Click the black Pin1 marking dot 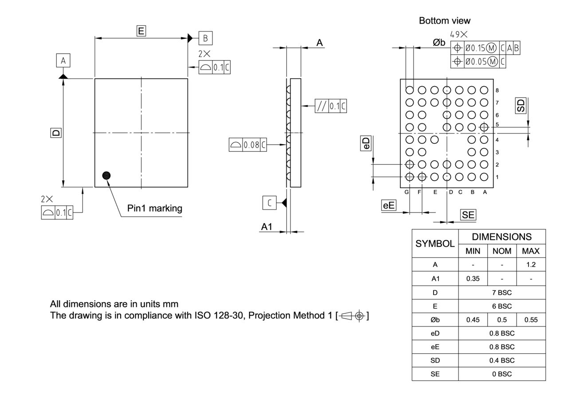click(106, 175)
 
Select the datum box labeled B click(205, 38)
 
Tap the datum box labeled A click(63, 60)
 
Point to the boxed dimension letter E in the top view click(141, 31)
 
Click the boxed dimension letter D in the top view click(56, 132)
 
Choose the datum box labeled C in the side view click(269, 202)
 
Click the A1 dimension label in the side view click(266, 226)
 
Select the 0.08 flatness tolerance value click(251, 145)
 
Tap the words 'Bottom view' click(445, 20)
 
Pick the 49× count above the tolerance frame click(459, 34)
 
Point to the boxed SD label click(521, 105)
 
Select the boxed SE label click(468, 215)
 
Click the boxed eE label click(389, 205)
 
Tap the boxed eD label click(366, 143)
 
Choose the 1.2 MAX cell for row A click(531, 265)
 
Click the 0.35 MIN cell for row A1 click(473, 279)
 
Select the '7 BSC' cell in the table click(501, 292)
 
